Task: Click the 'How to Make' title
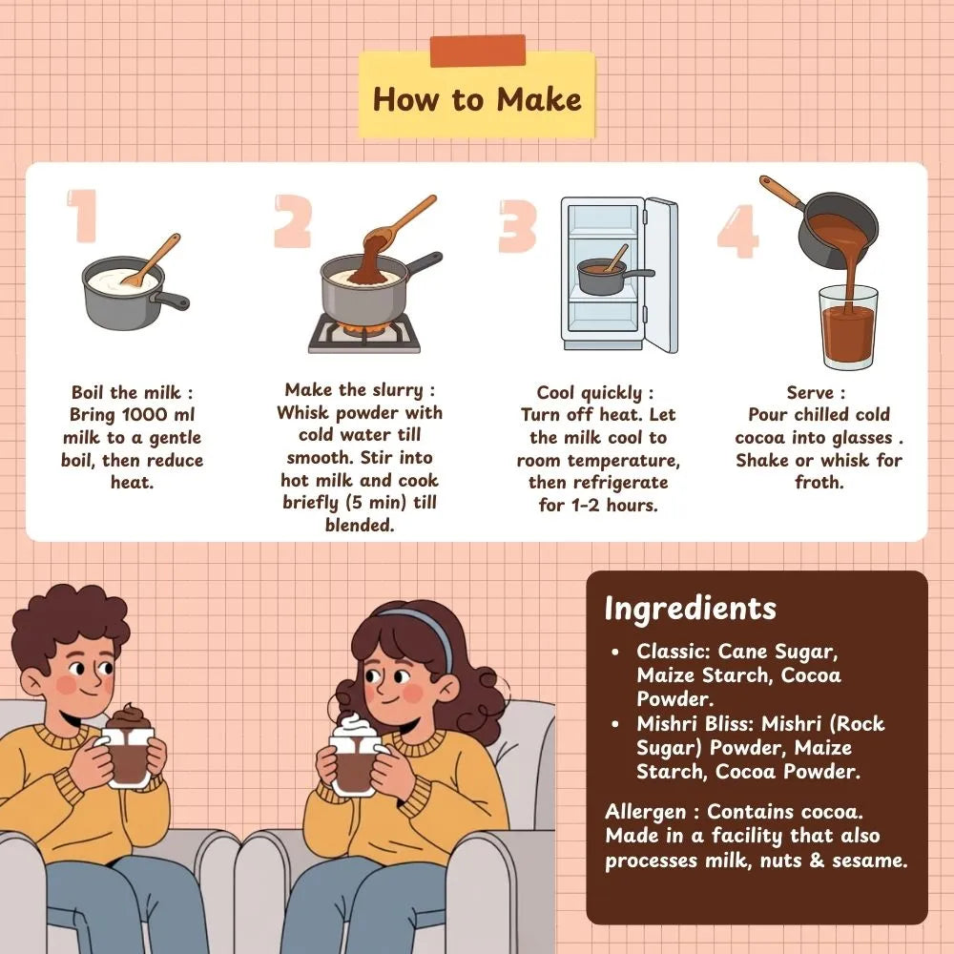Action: point(477,99)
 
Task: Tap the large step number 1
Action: point(83,216)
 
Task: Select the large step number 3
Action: point(517,226)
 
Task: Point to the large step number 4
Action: point(738,231)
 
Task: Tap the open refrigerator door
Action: point(661,275)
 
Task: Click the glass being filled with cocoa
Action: point(848,327)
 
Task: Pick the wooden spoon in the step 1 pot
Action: point(152,259)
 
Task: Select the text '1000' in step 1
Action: point(145,414)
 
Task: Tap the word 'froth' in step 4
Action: point(818,482)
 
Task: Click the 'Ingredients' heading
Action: point(691,609)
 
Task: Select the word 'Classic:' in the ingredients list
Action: point(674,651)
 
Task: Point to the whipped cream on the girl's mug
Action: point(356,726)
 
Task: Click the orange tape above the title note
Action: point(478,51)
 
